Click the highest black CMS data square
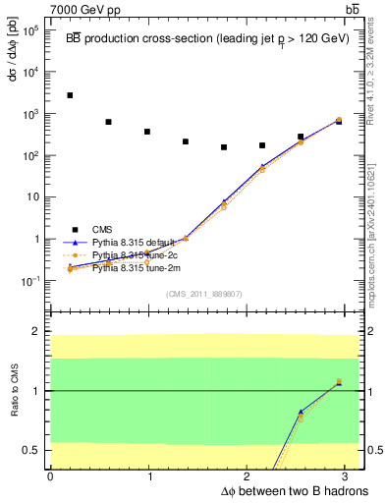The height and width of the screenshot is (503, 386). tap(70, 95)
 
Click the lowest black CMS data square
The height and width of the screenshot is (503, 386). tap(224, 147)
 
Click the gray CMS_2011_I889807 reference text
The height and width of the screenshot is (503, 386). tap(204, 293)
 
